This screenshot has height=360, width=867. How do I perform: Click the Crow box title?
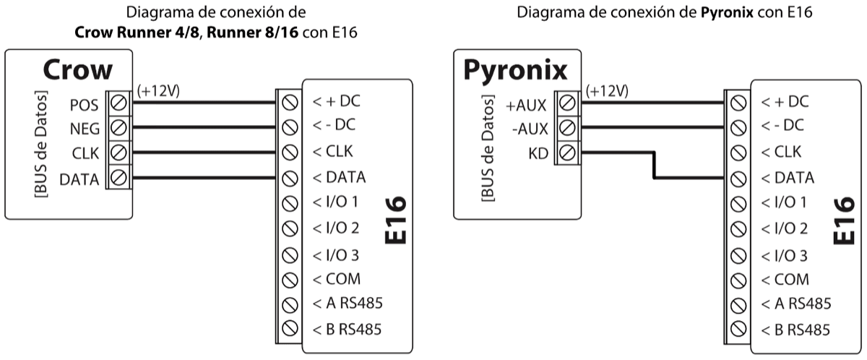click(78, 69)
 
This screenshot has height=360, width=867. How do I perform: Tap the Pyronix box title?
click(514, 69)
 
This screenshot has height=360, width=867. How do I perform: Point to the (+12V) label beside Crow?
click(158, 91)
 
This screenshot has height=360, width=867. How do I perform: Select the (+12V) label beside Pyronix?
click(607, 91)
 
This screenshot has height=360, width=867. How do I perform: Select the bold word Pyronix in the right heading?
click(728, 13)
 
